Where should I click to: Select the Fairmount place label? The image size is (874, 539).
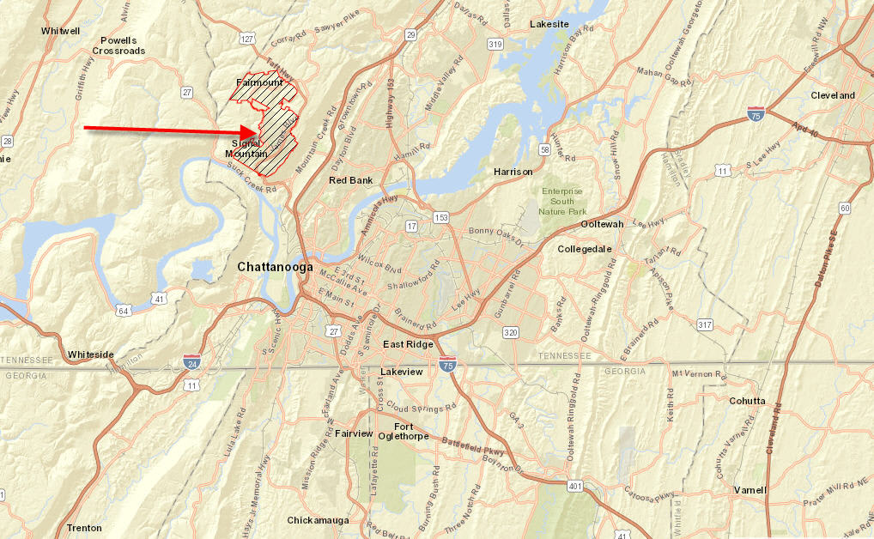point(259,82)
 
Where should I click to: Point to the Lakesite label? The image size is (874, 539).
point(549,24)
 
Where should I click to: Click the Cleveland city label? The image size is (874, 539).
point(833,95)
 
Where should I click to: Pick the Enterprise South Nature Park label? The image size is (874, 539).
point(562,201)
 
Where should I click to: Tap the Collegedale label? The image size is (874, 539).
point(585,249)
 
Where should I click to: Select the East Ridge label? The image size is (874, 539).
point(409,344)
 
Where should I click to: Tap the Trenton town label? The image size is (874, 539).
point(84,528)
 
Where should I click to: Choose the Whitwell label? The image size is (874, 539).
point(60,31)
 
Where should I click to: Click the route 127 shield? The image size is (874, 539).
point(248,39)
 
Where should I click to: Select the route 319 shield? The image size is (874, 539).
point(495,44)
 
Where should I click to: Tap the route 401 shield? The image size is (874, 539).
point(574,487)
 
